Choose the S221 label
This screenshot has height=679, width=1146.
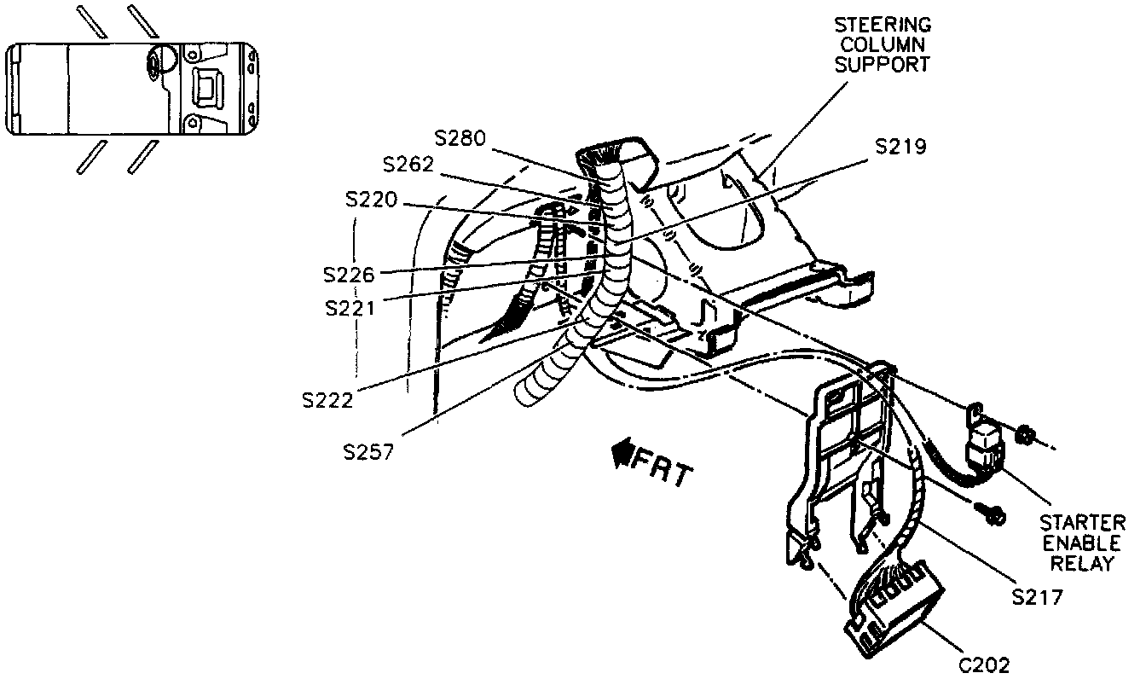pos(350,306)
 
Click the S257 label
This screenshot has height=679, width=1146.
pos(368,451)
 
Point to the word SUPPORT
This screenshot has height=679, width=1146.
pos(882,65)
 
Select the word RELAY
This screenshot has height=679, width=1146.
pos(1082,564)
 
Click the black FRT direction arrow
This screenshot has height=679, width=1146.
pos(619,457)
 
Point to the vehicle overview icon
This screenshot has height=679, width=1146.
pos(132,89)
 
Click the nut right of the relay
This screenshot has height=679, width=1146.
pos(1026,436)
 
